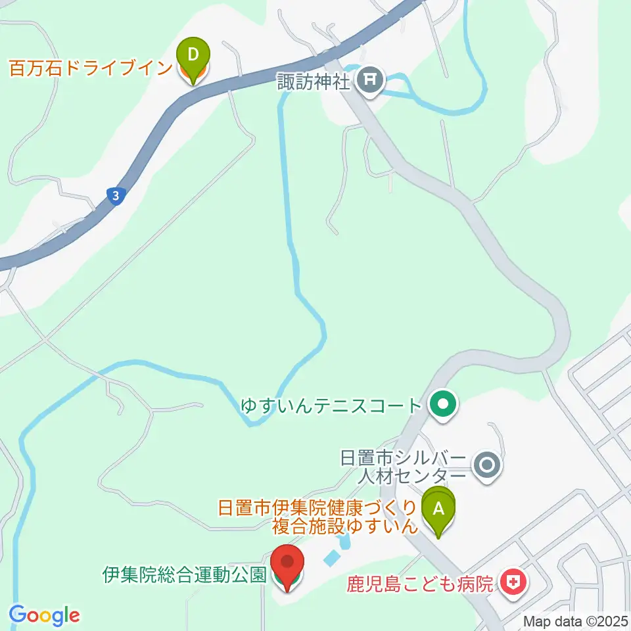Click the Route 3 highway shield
pyautogui.click(x=116, y=196)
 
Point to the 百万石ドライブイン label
pyautogui.click(x=90, y=68)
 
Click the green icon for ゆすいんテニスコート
pyautogui.click(x=443, y=404)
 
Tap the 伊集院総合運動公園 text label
pyautogui.click(x=185, y=576)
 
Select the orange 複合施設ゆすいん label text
pyautogui.click(x=345, y=526)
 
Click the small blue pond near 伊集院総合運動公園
pyautogui.click(x=332, y=558)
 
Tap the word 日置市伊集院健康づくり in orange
pyautogui.click(x=317, y=507)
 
